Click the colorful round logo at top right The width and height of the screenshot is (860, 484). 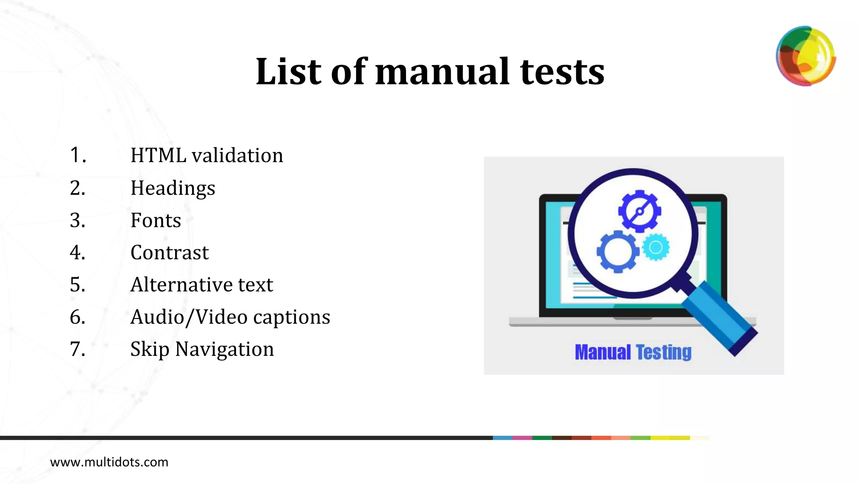[x=805, y=56]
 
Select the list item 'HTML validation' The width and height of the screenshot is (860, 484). [x=207, y=155]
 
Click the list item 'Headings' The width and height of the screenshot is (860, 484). [x=173, y=188]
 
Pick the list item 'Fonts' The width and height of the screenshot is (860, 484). [x=155, y=221]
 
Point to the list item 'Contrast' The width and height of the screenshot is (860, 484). [x=169, y=253]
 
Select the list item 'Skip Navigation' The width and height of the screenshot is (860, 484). [x=202, y=349]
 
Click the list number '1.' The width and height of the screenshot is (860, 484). [x=78, y=155]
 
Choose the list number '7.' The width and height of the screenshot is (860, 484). [x=78, y=349]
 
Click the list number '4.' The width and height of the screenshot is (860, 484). [x=78, y=253]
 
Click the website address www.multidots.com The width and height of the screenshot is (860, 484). [x=109, y=462]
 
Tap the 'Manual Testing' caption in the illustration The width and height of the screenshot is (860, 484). [x=633, y=352]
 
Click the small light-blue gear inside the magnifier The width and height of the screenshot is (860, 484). [x=656, y=247]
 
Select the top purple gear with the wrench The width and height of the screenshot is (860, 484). [x=640, y=211]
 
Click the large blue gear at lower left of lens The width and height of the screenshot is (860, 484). [x=617, y=252]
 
